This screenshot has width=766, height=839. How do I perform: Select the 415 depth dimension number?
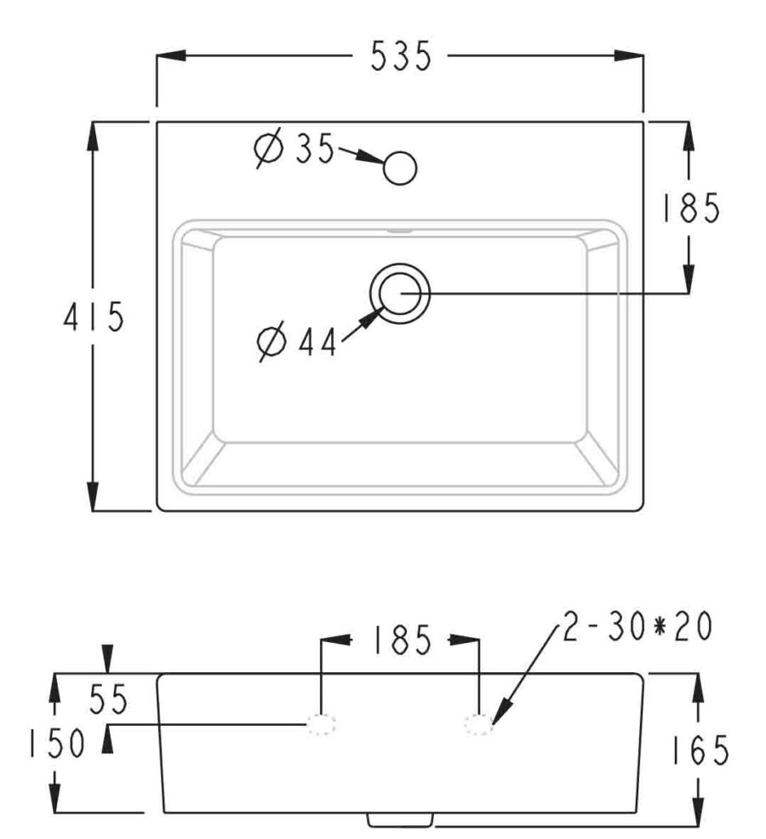pyautogui.click(x=94, y=318)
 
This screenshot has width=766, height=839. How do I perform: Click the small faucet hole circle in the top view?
pyautogui.click(x=400, y=168)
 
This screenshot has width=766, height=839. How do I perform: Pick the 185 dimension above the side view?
pyautogui.click(x=400, y=641)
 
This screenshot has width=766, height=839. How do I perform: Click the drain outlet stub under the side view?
pyautogui.click(x=400, y=819)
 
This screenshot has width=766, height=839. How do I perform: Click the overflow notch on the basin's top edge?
pyautogui.click(x=399, y=229)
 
